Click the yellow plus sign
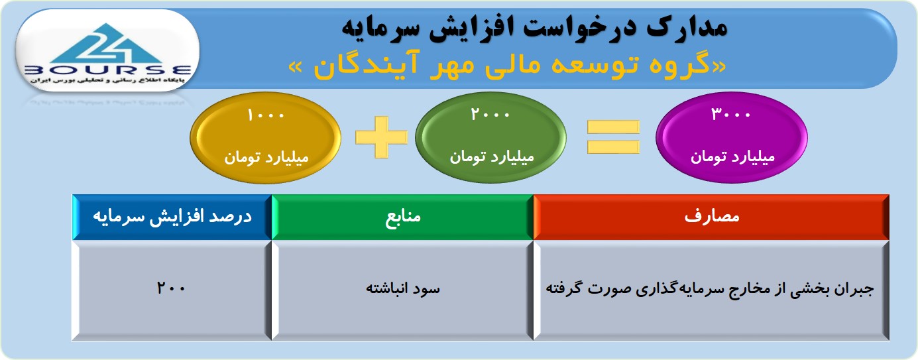click(x=381, y=137)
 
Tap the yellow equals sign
click(x=613, y=137)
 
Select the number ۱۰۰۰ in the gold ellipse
click(x=266, y=115)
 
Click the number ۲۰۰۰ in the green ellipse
click(x=490, y=115)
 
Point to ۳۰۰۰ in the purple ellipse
click(x=730, y=115)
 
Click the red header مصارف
click(x=711, y=216)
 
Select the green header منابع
click(x=403, y=216)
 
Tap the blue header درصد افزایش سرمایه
click(x=172, y=217)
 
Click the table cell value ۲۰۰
click(x=171, y=288)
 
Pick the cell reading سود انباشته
click(x=403, y=288)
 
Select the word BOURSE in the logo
click(x=108, y=70)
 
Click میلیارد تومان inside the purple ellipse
click(x=732, y=156)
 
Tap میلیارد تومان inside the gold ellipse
click(x=266, y=157)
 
